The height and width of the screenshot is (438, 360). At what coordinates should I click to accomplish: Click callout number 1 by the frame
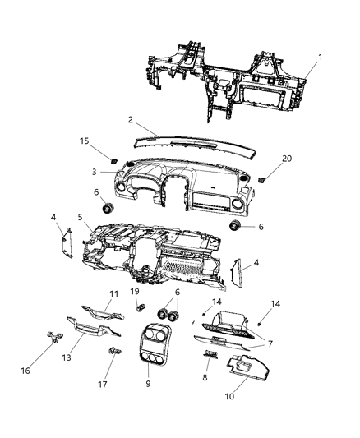321,58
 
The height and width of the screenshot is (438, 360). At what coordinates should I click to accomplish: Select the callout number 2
130,120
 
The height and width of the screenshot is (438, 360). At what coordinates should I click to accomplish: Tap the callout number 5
80,218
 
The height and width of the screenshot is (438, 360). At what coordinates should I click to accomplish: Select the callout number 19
134,292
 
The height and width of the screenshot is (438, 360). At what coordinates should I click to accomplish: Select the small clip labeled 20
261,178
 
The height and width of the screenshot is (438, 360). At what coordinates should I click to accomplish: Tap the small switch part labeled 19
142,309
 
